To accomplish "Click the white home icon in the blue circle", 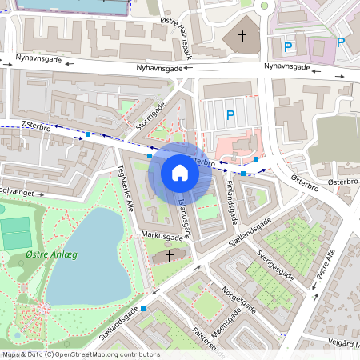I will (x=180, y=173).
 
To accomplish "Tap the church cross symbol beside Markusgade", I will (x=169, y=255).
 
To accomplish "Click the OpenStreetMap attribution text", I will (x=80, y=354).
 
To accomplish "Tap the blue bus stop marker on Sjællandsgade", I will (x=143, y=308).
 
